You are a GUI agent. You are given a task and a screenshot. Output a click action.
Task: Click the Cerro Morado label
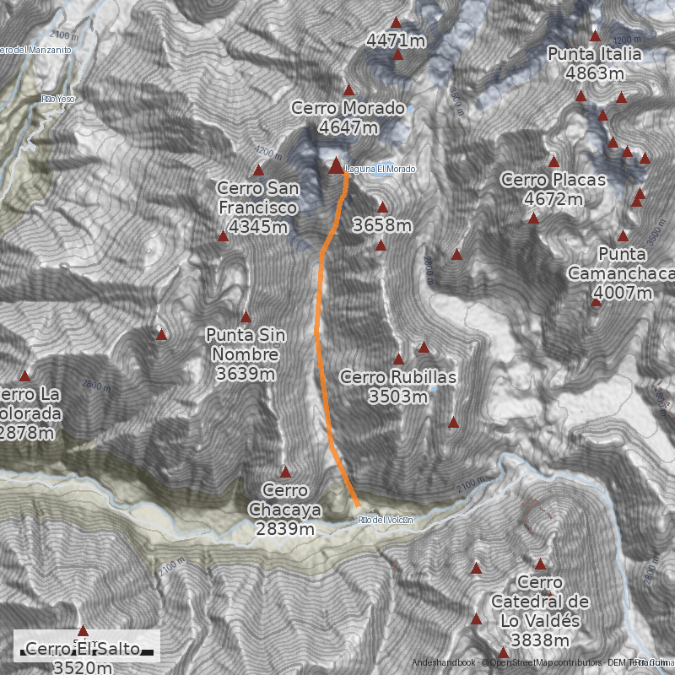348,117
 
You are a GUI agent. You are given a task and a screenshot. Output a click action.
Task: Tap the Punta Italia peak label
595,64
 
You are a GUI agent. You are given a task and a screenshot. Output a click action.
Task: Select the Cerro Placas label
553,189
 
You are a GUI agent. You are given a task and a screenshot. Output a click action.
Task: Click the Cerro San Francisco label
257,207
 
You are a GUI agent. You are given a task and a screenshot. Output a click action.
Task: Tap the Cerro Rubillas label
398,386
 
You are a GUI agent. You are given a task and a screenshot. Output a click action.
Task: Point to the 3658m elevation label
382,225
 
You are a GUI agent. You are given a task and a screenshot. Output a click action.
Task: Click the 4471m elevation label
396,40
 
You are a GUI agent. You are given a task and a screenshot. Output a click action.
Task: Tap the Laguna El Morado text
381,170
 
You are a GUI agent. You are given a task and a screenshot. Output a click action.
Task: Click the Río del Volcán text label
386,520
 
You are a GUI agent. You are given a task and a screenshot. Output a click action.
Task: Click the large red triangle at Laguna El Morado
336,165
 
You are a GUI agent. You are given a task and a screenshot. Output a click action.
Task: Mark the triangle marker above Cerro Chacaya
285,472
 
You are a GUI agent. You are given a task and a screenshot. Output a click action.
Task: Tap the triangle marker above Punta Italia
595,35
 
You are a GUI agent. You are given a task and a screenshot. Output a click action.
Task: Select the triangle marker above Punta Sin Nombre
246,317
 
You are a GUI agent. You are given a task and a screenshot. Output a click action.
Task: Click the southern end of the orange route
358,505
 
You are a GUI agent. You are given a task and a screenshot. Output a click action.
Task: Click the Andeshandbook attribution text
444,663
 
